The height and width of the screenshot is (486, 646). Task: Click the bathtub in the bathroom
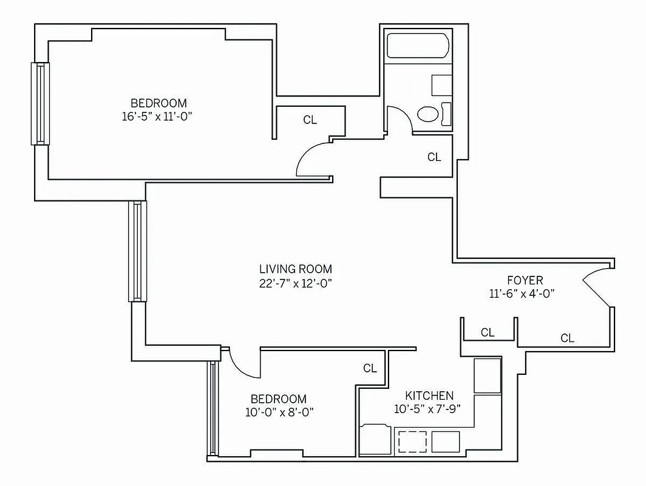418,47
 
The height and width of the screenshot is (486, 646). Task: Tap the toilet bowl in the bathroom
429,114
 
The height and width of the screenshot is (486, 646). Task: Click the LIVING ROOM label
296,269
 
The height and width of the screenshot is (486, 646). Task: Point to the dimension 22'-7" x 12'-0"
296,282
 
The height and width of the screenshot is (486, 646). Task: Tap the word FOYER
525,280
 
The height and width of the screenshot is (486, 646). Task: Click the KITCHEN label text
429,395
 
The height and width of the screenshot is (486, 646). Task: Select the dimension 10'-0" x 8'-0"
278,412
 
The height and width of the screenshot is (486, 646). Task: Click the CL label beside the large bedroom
310,120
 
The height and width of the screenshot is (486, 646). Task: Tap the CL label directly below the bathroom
433,157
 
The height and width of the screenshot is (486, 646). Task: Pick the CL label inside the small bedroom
370,368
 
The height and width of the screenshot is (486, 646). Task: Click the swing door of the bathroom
399,118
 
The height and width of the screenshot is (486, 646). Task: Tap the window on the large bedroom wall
40,103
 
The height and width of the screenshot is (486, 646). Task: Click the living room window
137,251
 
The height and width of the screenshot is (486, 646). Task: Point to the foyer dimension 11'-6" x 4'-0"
522,293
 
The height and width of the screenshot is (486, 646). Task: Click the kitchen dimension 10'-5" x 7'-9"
427,409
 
